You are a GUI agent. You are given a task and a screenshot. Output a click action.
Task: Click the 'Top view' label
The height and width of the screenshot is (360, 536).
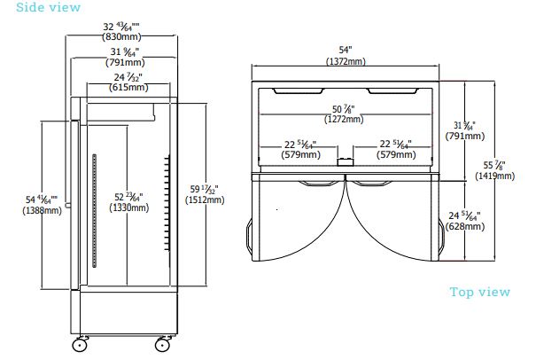[479, 292]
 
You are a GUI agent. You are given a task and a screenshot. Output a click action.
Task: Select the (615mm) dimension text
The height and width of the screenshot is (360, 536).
[127, 88]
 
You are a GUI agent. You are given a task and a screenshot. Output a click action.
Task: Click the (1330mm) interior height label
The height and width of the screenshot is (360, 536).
[129, 207]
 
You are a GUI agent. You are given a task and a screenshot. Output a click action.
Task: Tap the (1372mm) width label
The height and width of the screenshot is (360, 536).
[345, 61]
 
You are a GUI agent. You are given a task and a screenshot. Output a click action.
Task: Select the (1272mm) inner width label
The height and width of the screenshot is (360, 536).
[343, 119]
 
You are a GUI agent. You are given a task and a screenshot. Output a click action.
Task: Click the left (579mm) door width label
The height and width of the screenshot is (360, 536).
[301, 154]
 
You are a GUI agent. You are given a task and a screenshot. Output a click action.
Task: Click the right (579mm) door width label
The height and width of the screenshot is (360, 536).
[397, 154]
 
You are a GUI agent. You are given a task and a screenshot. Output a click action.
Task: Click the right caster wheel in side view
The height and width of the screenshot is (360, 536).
[164, 342]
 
